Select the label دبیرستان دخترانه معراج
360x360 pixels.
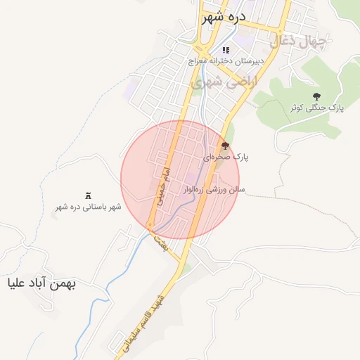tap(226, 62)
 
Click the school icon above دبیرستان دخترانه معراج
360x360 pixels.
tap(226, 50)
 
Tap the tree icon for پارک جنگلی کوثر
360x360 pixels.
tap(316, 96)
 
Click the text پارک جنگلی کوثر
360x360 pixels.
tap(316, 108)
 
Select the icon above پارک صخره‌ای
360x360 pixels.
tap(225, 146)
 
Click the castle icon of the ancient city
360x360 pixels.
tap(88, 195)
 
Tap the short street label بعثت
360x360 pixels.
tap(160, 244)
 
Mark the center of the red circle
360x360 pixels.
tap(180, 179)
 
